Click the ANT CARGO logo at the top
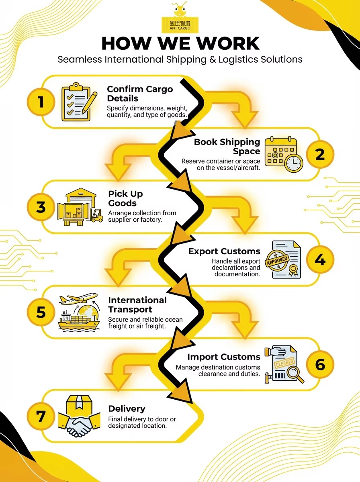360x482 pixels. click(180, 18)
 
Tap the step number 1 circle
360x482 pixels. click(41, 102)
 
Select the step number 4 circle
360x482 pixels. click(320, 259)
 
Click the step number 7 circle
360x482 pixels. click(41, 416)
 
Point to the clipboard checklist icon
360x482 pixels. click(79, 102)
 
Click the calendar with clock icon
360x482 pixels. click(284, 154)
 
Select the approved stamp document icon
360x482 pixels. click(283, 259)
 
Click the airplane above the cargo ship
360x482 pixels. click(78, 298)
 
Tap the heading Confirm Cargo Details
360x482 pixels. click(140, 94)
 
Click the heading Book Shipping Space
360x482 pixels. click(227, 147)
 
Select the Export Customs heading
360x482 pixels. click(224, 251)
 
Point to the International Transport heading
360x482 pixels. click(137, 305)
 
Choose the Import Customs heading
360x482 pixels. click(224, 357)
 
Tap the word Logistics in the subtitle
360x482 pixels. click(238, 59)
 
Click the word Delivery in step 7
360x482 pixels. click(127, 408)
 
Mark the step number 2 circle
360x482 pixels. click(320, 154)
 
